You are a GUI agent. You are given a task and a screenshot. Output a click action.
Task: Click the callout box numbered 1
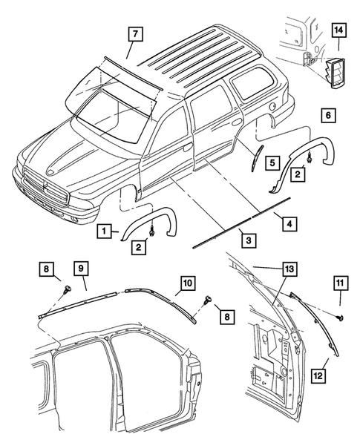[x=107, y=231]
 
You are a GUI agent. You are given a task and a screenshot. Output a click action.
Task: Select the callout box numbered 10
[x=188, y=283]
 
